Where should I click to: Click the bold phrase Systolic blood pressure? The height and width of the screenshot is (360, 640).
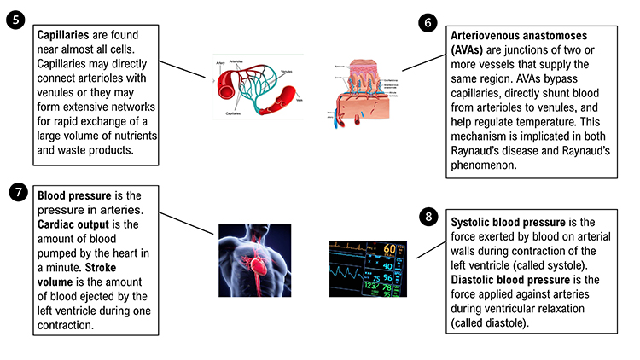pyautogui.click(x=509, y=223)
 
